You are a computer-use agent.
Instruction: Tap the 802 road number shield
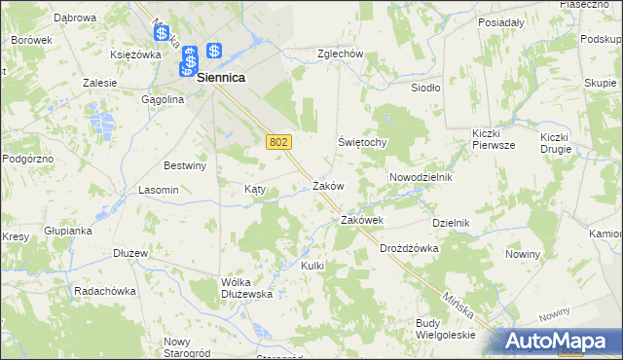tap(277, 142)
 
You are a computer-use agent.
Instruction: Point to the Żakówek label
tap(361, 221)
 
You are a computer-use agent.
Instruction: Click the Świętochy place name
tap(363, 142)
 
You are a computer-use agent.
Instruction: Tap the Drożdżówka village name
tap(409, 248)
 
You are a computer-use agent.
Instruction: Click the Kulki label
tap(311, 266)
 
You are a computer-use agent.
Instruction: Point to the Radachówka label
tap(105, 291)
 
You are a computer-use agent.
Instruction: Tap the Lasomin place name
tap(159, 190)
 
